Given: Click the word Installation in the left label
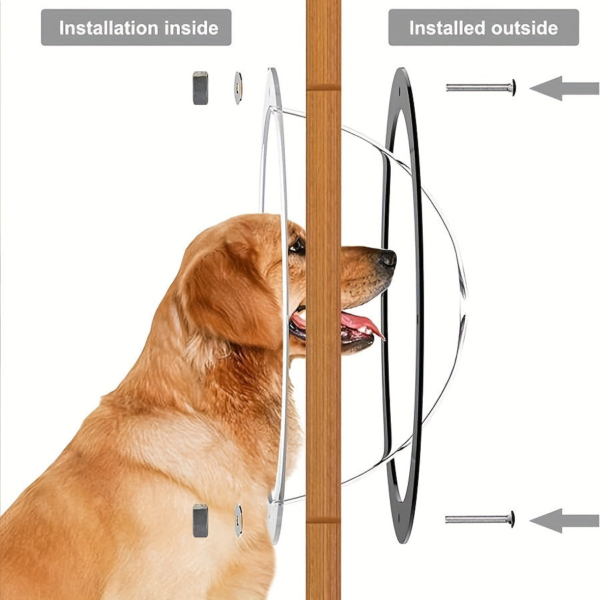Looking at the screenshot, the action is [x=108, y=28].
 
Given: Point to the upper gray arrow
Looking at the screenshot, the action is [x=564, y=89].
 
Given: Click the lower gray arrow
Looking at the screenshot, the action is [x=564, y=521].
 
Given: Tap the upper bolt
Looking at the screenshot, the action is [x=481, y=87].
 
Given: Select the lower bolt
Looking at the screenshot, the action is [x=480, y=519].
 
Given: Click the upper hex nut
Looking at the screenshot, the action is [x=201, y=87].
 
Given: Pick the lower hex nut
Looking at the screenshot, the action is [x=201, y=521].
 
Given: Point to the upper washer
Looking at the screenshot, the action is [x=238, y=87].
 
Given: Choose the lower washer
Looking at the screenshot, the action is [x=239, y=521].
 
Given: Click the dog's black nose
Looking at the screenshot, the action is [x=387, y=259].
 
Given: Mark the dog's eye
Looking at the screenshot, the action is [x=297, y=245].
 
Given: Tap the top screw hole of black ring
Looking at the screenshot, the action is [x=400, y=92].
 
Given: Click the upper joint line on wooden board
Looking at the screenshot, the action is [x=323, y=87].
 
